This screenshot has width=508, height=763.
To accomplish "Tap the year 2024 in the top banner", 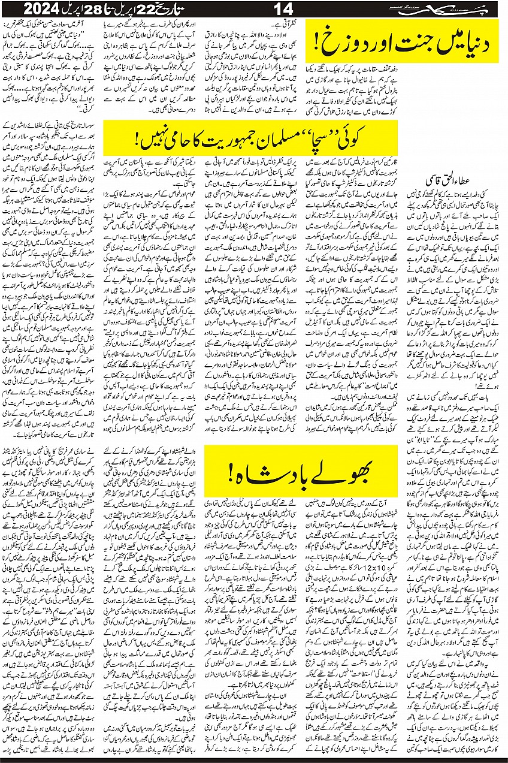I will coord(43,9).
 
